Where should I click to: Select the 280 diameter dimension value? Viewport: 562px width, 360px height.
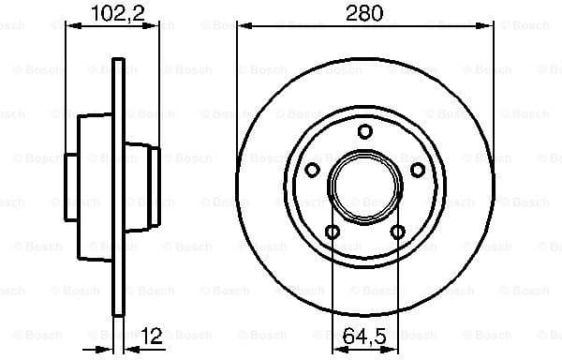point(362,16)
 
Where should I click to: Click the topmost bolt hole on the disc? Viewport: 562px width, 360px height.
point(364,131)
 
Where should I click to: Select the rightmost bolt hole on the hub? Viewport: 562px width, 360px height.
point(418,170)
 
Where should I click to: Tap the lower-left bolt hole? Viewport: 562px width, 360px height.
point(332,232)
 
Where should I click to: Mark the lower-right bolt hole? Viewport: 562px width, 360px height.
point(398,232)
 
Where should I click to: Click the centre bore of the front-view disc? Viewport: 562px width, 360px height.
point(364,184)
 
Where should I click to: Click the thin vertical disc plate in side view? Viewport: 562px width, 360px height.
point(118,187)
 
